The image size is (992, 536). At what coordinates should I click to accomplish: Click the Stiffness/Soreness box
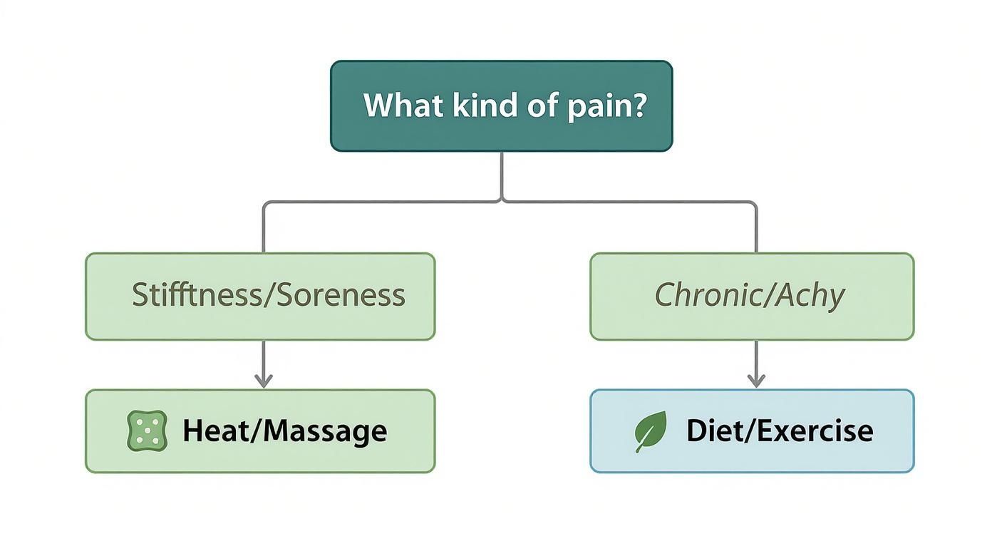click(260, 296)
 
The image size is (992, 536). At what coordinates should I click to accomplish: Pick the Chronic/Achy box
click(752, 296)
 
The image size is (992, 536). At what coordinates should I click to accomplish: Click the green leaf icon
click(651, 431)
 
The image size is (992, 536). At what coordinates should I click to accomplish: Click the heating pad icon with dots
click(147, 431)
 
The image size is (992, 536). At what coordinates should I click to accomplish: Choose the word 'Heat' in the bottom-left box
click(210, 431)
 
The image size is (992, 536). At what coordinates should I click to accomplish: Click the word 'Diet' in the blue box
click(713, 431)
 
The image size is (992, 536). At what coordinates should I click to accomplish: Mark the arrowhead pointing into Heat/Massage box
click(264, 381)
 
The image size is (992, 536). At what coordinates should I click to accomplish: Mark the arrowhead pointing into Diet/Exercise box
click(756, 381)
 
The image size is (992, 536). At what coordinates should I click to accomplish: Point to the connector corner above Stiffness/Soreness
click(264, 203)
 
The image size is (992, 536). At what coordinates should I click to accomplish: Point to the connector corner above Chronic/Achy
click(755, 203)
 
